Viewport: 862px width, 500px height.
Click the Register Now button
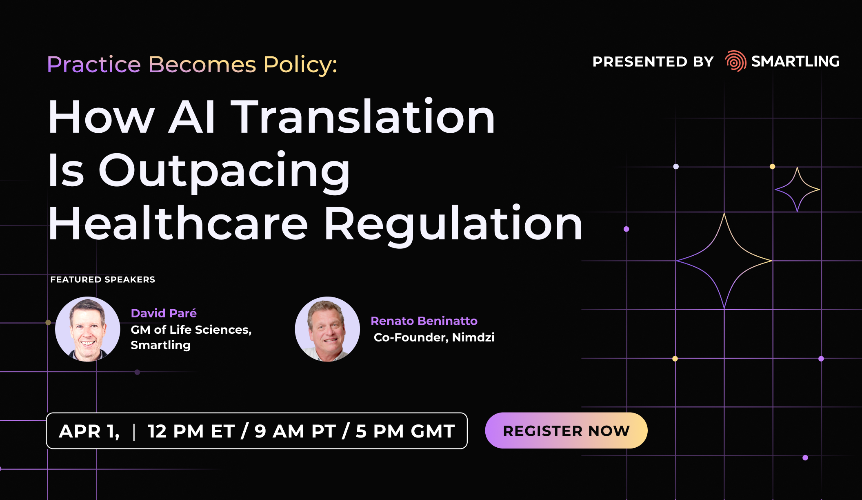click(566, 431)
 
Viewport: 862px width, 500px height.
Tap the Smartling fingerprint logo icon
click(735, 61)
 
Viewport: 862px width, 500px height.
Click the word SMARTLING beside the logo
click(795, 61)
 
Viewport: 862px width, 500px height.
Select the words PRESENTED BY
click(653, 62)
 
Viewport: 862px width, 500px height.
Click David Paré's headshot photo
click(88, 329)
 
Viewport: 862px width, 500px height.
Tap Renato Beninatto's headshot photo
click(327, 329)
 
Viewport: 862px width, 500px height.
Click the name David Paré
click(164, 313)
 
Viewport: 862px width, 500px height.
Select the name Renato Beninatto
click(424, 321)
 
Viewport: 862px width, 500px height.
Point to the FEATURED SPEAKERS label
click(103, 279)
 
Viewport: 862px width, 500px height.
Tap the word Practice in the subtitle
click(94, 65)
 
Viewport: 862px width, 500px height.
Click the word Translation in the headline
click(363, 117)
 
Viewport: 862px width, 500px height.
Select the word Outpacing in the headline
click(224, 171)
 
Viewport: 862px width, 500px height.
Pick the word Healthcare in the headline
click(178, 224)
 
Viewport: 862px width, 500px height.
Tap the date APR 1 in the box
click(89, 431)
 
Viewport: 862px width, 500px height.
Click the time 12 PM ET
click(191, 431)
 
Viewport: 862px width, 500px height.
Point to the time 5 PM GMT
click(405, 431)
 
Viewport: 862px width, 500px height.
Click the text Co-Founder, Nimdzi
click(434, 337)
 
